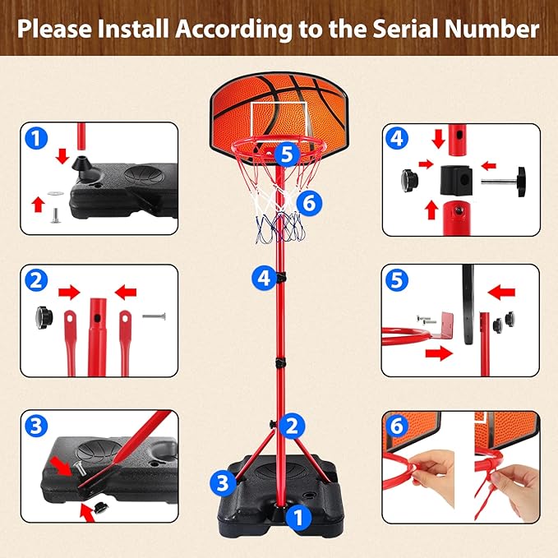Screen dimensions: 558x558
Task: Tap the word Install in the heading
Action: [133, 29]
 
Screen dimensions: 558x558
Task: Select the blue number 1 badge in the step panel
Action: [36, 138]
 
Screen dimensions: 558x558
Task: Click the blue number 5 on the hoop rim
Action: [287, 154]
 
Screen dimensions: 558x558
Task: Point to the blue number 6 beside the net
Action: [309, 203]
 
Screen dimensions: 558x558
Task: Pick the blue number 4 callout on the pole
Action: [264, 279]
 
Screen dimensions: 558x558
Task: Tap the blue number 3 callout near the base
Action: [223, 483]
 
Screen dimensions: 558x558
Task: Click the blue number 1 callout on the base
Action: [298, 517]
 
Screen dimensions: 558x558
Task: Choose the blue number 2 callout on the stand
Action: [292, 426]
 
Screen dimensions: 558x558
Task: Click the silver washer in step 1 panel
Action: [56, 193]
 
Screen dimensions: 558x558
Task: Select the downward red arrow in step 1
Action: [63, 156]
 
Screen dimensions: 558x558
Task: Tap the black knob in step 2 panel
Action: [44, 317]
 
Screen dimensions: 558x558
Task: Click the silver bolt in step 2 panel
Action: [154, 316]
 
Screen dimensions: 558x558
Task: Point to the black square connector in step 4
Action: [456, 181]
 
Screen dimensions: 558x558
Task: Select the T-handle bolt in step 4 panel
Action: [504, 182]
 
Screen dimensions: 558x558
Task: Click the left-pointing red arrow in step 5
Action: [501, 293]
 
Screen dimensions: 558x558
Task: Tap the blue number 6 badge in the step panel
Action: [397, 426]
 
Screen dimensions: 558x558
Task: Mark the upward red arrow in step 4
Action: [431, 210]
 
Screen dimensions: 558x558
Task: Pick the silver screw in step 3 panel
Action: [80, 468]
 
